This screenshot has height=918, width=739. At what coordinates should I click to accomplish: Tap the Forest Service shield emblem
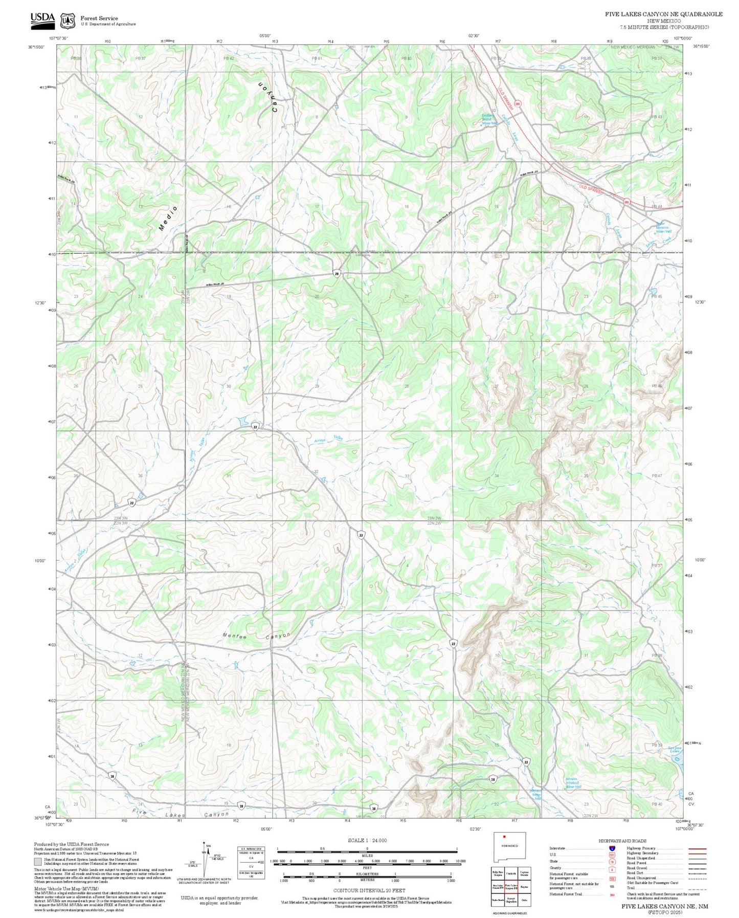pos(67,20)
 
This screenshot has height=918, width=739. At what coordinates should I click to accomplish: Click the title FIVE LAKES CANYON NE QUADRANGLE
pos(663,14)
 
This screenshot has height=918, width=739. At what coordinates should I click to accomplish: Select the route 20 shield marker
pos(337,274)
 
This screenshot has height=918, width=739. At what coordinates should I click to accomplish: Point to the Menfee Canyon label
pos(257,636)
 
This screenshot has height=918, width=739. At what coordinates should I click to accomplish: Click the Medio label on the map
pos(168,218)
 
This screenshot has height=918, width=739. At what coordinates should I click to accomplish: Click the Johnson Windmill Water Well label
pos(573,783)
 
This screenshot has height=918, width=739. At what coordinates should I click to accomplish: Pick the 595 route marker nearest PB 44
pos(626,202)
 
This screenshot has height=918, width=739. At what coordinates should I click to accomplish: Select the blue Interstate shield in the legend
pos(611,848)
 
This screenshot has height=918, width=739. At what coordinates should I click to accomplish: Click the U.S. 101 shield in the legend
pos(611,855)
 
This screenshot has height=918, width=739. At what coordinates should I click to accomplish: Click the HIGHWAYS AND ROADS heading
pos(622,841)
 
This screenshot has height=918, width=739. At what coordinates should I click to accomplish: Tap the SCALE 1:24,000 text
pos(367,840)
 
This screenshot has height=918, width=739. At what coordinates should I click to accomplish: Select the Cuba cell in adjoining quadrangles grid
pos(524,900)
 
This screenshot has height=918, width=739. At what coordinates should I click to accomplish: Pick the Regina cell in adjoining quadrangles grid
pos(524,887)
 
